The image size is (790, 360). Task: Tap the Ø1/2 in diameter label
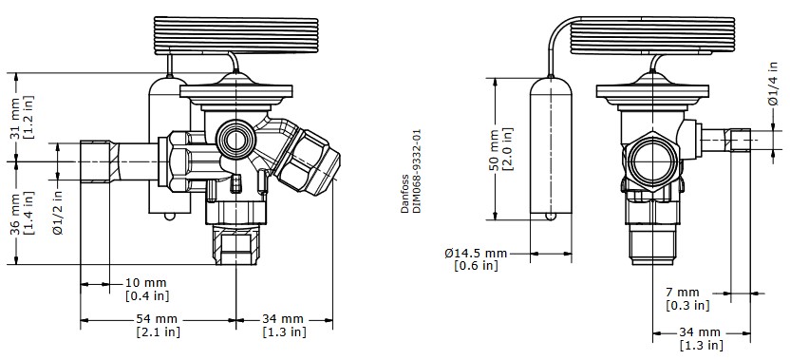click(58, 211)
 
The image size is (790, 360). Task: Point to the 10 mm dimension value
click(146, 283)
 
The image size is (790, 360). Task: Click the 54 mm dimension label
click(159, 318)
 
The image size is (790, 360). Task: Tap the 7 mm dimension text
click(682, 291)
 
